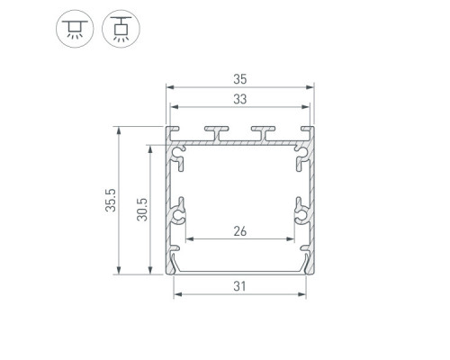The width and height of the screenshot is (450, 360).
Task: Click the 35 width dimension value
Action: tap(240, 79)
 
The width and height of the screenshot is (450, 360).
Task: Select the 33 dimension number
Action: tap(240, 99)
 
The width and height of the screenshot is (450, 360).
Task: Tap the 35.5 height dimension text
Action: tap(111, 200)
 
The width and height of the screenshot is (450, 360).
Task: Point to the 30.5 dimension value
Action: tap(142, 210)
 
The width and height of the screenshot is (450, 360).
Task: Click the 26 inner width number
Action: tap(240, 231)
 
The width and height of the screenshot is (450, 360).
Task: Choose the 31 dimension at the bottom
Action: tap(240, 286)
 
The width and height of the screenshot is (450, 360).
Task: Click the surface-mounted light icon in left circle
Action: tap(75, 29)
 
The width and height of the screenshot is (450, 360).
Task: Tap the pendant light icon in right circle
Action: tap(121, 29)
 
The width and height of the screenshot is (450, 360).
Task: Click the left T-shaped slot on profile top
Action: tap(217, 133)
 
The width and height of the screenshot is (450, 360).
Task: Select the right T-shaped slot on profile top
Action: tap(263, 133)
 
